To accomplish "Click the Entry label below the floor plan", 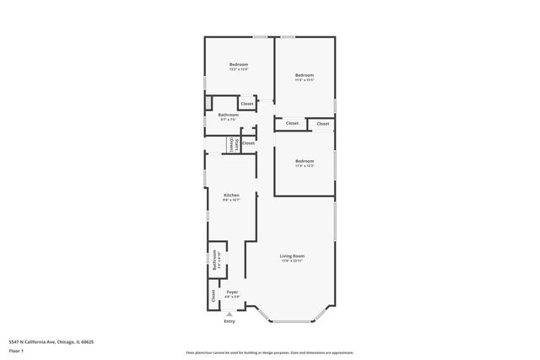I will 229,321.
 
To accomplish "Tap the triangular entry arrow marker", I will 229,313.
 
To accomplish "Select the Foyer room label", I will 232,292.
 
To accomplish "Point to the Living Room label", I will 292,255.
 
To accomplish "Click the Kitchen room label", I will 231,195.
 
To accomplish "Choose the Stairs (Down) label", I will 234,144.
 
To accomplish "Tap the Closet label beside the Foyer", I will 213,296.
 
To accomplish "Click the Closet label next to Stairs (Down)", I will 248,143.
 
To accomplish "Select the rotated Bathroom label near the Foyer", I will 215,259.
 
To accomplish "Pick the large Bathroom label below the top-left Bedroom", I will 228,115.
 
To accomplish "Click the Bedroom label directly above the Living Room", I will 304,161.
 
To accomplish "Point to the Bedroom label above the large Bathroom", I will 240,65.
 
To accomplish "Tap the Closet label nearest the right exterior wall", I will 323,124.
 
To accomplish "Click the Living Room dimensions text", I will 292,261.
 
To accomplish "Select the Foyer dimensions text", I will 232,297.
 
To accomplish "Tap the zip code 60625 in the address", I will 84,341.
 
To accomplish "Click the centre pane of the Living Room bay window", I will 292,320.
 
